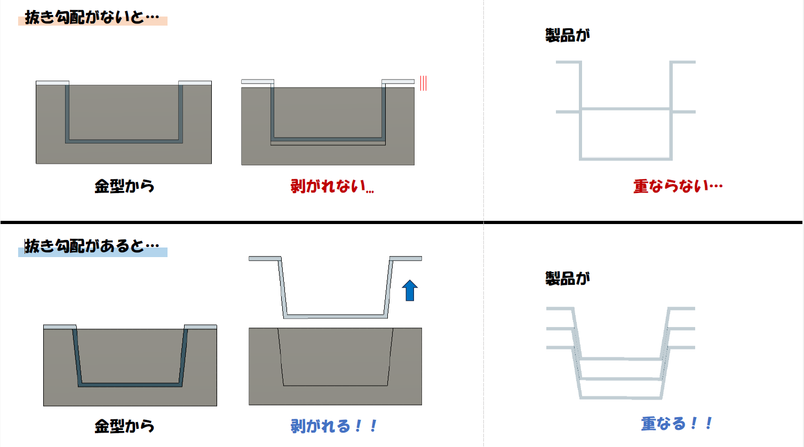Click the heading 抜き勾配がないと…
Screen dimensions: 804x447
pos(92,17)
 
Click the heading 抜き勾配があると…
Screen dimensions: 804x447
pos(92,246)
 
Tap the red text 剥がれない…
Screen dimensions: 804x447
pos(332,187)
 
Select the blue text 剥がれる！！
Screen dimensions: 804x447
pos(333,426)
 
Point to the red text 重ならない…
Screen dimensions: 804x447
pos(678,186)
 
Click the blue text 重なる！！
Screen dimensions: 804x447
pos(676,424)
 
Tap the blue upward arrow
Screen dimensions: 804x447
pos(410,290)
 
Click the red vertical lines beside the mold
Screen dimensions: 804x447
pos(423,83)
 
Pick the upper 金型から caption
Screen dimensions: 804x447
pos(124,187)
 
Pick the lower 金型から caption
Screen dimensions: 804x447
pos(124,426)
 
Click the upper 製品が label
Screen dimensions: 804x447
pos(568,36)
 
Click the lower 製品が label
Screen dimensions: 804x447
pos(568,278)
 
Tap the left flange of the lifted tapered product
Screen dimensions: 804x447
pos(265,258)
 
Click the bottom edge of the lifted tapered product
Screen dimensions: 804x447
pos(336,316)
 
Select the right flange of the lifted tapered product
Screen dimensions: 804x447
pos(405,258)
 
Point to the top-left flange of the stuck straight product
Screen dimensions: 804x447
pos(258,82)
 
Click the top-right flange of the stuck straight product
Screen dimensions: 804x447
pos(398,82)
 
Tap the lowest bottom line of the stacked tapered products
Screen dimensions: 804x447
pos(621,397)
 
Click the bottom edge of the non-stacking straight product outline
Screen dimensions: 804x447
pos(626,158)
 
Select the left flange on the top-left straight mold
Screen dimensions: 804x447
pos(52,83)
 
